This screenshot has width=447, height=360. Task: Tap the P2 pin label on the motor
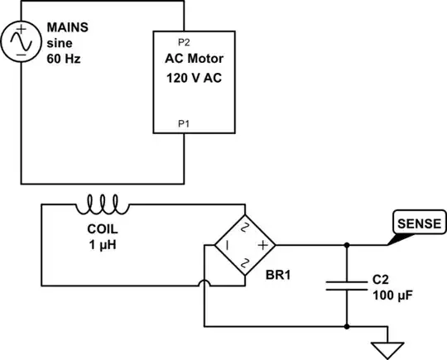tap(183, 41)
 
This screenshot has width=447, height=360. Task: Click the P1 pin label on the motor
tap(183, 123)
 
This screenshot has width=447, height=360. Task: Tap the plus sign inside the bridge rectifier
tap(262, 245)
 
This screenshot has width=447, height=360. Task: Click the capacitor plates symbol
tap(346, 286)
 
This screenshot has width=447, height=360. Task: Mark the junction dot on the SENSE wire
tap(346, 245)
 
